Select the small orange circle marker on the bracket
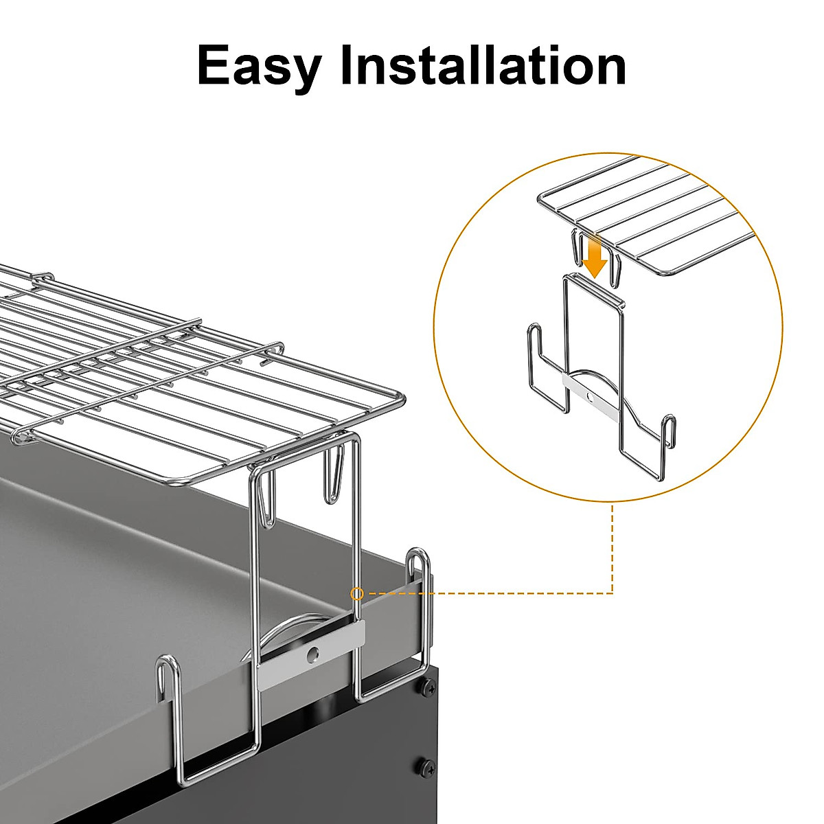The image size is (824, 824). pyautogui.click(x=356, y=593)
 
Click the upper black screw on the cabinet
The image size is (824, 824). pyautogui.click(x=428, y=686)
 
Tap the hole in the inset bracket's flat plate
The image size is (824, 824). pyautogui.click(x=589, y=396)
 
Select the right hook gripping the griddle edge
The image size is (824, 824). pyautogui.click(x=419, y=570)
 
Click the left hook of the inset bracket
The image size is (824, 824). pyautogui.click(x=535, y=343)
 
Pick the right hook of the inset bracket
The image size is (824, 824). pyautogui.click(x=667, y=429)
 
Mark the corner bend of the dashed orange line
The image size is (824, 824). pyautogui.click(x=613, y=593)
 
